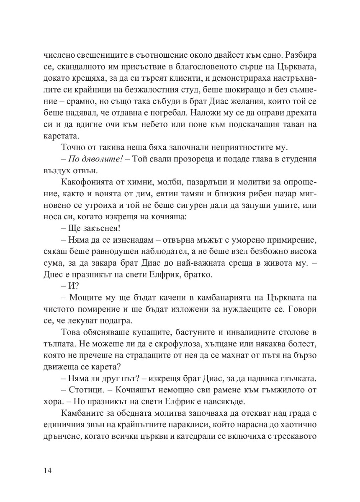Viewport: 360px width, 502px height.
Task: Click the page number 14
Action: pyautogui.click(x=47, y=470)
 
